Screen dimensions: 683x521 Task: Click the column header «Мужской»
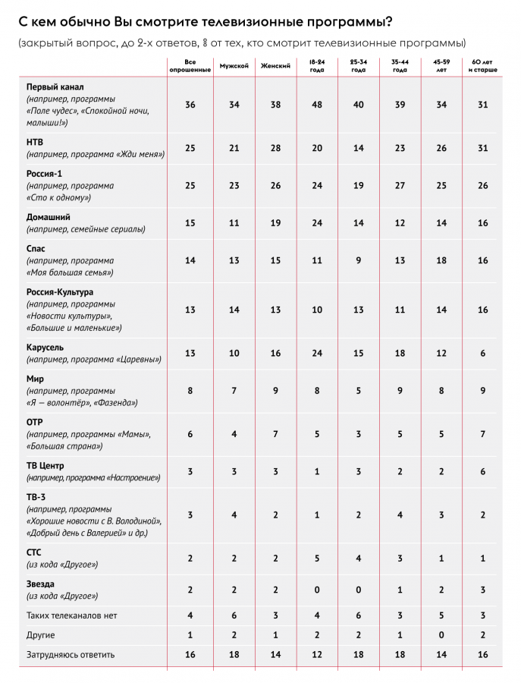click(x=234, y=66)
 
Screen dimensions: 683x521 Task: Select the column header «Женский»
click(x=275, y=66)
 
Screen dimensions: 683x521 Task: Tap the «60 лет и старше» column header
click(x=484, y=66)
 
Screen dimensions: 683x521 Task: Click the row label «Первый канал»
click(x=50, y=88)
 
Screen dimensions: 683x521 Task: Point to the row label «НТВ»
click(x=34, y=142)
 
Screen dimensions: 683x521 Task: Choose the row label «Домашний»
click(x=49, y=217)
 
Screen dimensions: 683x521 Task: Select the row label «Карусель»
click(x=46, y=347)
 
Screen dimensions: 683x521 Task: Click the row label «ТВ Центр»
click(x=46, y=465)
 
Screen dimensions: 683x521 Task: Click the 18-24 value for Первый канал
click(x=316, y=105)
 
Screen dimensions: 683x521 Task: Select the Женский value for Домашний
click(x=275, y=223)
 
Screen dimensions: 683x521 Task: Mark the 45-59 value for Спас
click(x=441, y=260)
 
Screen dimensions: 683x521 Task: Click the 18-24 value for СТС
click(x=316, y=558)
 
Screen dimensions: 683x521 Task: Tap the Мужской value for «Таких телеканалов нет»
click(x=234, y=615)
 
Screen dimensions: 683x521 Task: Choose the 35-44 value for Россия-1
click(x=400, y=186)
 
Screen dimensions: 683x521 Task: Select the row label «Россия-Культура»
click(x=60, y=291)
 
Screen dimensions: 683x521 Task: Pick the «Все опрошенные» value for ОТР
click(x=190, y=433)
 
